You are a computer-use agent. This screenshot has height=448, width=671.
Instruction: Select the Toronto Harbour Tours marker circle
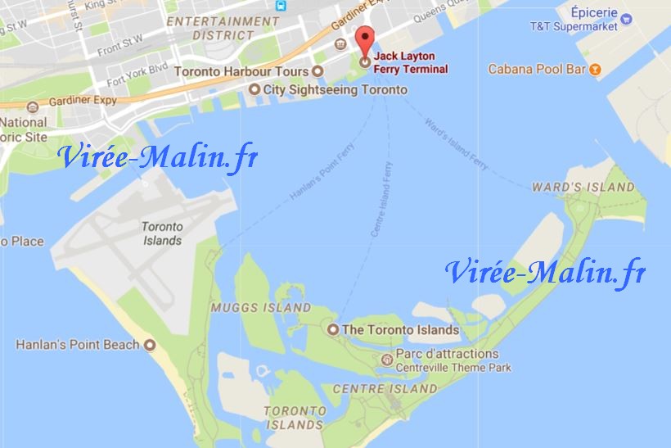tap(317, 72)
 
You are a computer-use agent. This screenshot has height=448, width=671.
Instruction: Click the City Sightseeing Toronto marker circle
tap(254, 89)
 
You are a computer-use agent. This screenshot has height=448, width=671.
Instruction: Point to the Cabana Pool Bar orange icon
tap(596, 70)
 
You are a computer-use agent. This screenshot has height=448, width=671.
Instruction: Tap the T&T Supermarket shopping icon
tap(627, 17)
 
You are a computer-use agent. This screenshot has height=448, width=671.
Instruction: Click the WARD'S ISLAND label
tap(583, 187)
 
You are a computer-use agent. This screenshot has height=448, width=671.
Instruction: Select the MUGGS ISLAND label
tap(260, 308)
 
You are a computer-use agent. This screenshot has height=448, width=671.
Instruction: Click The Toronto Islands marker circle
tap(333, 329)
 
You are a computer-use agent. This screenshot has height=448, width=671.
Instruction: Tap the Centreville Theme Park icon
tap(387, 360)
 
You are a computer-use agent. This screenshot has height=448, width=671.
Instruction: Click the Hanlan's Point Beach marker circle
tap(150, 345)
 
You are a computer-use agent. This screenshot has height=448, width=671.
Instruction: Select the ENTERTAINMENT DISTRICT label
tap(223, 28)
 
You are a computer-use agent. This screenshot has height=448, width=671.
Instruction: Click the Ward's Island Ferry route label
tap(457, 145)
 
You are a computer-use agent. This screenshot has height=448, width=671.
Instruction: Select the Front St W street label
tap(120, 43)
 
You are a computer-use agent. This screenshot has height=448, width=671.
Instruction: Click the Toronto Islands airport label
tap(161, 233)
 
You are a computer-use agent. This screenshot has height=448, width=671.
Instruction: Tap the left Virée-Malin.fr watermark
tap(157, 156)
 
